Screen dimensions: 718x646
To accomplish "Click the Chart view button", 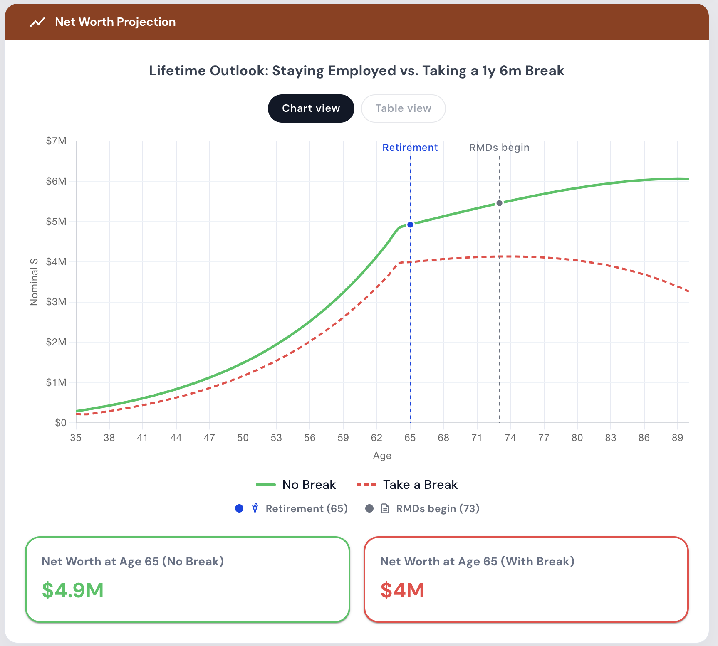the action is click(x=311, y=108).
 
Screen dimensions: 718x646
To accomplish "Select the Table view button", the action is click(x=403, y=108).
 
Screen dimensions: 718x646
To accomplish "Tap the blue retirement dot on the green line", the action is click(x=410, y=224).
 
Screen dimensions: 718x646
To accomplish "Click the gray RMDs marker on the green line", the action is click(x=499, y=203).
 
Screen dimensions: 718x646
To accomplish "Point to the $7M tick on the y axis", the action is click(x=56, y=141).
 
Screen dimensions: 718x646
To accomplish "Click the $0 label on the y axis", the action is click(x=61, y=423).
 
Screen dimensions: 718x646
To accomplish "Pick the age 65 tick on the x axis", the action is click(x=410, y=438).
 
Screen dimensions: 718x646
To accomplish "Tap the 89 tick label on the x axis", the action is click(x=678, y=438).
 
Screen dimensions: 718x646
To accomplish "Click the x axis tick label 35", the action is click(x=76, y=438).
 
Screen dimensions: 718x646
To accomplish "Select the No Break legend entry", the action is click(x=296, y=485).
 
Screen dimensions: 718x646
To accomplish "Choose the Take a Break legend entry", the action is click(x=407, y=485).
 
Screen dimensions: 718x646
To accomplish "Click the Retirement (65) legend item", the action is click(x=291, y=509).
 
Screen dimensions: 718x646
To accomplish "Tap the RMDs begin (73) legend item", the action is click(x=422, y=509).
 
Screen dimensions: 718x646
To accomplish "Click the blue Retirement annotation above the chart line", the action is click(x=410, y=148).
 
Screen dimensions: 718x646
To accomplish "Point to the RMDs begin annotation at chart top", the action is click(x=499, y=148).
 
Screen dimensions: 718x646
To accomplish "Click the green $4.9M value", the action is click(x=73, y=590).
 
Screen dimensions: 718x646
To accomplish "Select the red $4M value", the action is click(x=402, y=590).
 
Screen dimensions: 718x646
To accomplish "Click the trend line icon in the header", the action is click(x=37, y=22).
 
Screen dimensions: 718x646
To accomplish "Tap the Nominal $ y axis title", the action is click(x=34, y=282).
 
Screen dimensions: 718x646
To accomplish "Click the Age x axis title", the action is click(x=382, y=456).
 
